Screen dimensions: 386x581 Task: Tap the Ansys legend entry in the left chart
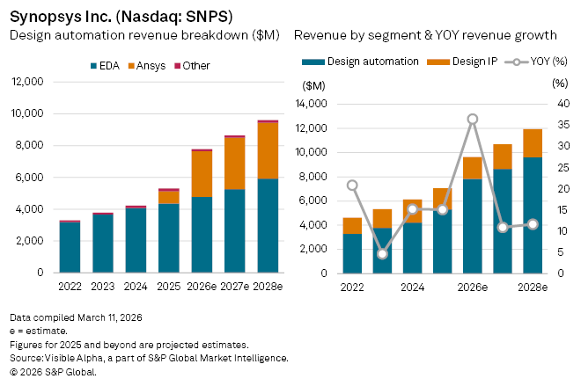pyautogui.click(x=151, y=66)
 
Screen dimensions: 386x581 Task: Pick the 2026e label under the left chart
pyautogui.click(x=202, y=287)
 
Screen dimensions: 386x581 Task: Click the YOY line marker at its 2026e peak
pyautogui.click(x=473, y=119)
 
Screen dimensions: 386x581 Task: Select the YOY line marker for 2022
pyautogui.click(x=352, y=186)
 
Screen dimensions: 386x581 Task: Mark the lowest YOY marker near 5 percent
pyautogui.click(x=382, y=254)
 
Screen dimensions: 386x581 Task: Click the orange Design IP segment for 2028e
pyautogui.click(x=533, y=143)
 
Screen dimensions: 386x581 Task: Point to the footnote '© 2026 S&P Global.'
pyautogui.click(x=53, y=372)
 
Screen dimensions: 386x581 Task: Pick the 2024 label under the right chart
pyautogui.click(x=413, y=287)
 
